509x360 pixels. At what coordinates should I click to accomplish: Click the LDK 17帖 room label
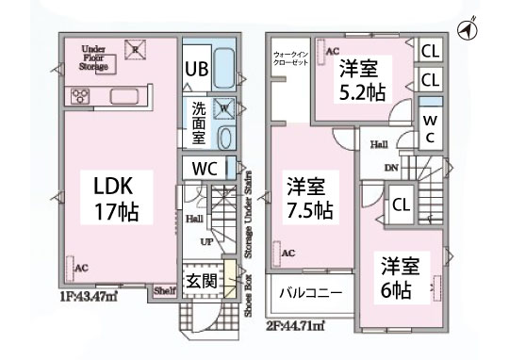coord(115,195)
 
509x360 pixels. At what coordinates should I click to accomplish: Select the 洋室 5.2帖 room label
coord(360,80)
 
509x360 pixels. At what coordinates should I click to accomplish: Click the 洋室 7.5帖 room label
coord(308,196)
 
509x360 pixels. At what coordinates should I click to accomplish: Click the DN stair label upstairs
coord(392,169)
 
